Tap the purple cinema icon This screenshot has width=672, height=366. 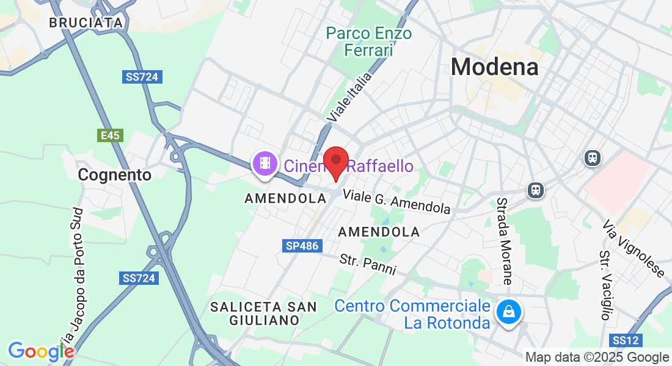click(x=264, y=163)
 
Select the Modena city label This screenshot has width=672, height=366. click(x=495, y=67)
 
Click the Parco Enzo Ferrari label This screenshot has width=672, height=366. click(x=368, y=41)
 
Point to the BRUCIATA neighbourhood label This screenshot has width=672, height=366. click(x=86, y=23)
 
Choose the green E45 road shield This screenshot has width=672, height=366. click(x=110, y=135)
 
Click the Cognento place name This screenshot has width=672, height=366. click(x=115, y=175)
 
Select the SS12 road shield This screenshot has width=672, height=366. click(x=624, y=340)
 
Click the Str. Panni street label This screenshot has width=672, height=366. click(x=368, y=264)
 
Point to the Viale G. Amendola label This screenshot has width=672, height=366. click(x=396, y=202)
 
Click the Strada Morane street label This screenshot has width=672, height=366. click(x=504, y=241)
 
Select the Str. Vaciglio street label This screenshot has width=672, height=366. click(x=605, y=285)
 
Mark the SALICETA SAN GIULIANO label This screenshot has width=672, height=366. click(x=263, y=313)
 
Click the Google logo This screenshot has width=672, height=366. click(x=40, y=351)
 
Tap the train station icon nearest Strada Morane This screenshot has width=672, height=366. click(x=536, y=190)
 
